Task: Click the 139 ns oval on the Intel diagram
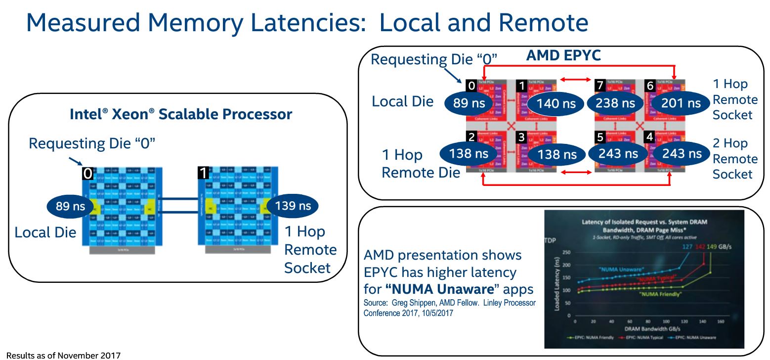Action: (x=293, y=206)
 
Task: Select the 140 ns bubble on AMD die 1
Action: (x=556, y=103)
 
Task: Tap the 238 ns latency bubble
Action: (x=615, y=103)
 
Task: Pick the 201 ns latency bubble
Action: (x=681, y=103)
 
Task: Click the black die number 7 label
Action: (x=599, y=86)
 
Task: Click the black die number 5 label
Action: (x=599, y=137)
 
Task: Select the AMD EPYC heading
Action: (x=563, y=55)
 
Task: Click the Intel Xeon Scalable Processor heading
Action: (x=181, y=115)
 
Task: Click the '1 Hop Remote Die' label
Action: (x=421, y=164)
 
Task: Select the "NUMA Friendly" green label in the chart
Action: (x=659, y=294)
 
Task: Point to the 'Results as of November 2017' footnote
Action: (x=63, y=355)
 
